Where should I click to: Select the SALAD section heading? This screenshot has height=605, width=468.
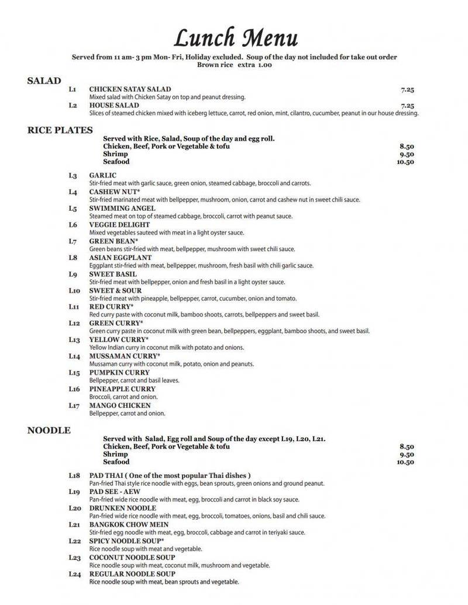[x=44, y=81]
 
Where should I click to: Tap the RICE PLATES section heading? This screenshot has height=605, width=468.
[x=60, y=130]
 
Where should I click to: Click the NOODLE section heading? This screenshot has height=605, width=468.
[x=49, y=430]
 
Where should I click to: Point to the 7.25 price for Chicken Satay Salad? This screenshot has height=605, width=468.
[x=408, y=90]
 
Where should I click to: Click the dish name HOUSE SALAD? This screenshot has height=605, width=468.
[x=114, y=106]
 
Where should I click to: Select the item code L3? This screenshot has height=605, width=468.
[x=73, y=176]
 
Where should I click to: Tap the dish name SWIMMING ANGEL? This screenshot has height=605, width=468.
[x=122, y=208]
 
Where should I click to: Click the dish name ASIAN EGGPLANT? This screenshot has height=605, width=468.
[x=120, y=258]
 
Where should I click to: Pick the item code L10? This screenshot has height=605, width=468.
[x=74, y=290]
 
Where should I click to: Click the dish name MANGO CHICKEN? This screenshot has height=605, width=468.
[x=119, y=405]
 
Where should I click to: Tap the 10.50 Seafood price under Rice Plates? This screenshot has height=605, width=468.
[x=405, y=162]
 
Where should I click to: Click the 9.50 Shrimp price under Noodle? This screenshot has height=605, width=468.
[x=407, y=454]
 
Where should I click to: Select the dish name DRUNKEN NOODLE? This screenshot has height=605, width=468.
[x=122, y=508]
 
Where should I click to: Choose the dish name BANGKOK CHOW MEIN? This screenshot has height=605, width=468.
[x=128, y=524]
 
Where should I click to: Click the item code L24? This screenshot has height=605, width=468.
[x=74, y=574]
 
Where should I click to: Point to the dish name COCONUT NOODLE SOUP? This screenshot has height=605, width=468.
[x=132, y=558]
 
